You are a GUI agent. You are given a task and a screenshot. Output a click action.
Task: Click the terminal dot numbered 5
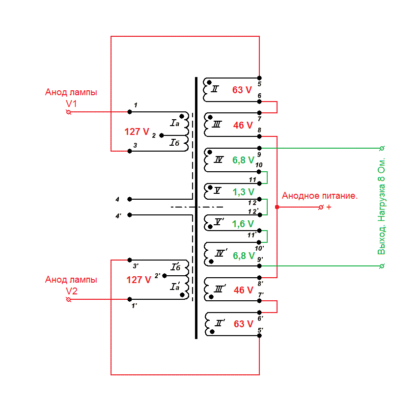(x=259, y=78)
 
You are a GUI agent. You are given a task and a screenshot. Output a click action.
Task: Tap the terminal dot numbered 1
(x=130, y=112)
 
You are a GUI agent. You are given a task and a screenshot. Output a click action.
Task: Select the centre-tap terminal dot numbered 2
(x=162, y=135)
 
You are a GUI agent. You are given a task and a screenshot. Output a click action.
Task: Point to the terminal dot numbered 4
(x=130, y=199)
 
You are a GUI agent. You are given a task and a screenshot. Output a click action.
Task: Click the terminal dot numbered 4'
(x=130, y=215)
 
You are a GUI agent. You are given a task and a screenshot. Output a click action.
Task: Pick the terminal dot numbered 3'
(x=130, y=260)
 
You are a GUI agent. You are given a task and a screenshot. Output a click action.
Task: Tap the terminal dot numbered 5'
(x=259, y=336)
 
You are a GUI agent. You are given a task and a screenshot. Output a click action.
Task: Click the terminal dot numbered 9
(x=259, y=148)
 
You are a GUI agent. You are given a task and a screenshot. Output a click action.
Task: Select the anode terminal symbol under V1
(x=69, y=112)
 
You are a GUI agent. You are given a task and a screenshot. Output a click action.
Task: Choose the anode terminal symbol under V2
(x=69, y=299)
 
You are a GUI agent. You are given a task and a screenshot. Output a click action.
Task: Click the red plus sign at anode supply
(x=329, y=207)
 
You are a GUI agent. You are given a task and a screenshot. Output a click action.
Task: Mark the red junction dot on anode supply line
(x=277, y=207)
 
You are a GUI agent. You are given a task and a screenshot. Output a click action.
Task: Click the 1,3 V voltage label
(x=243, y=192)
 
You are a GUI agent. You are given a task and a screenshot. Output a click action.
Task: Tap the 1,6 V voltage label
(x=243, y=224)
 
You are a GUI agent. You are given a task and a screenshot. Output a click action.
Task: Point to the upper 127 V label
(x=137, y=132)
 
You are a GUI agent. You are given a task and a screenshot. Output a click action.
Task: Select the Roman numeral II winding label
(x=215, y=89)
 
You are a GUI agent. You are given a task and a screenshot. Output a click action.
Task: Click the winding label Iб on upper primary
(x=174, y=143)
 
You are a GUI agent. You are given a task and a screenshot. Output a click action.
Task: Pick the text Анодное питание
(x=320, y=196)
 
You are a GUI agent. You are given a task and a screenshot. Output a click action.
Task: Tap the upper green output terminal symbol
(x=382, y=148)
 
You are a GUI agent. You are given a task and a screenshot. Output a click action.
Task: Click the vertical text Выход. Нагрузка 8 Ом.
(x=381, y=206)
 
